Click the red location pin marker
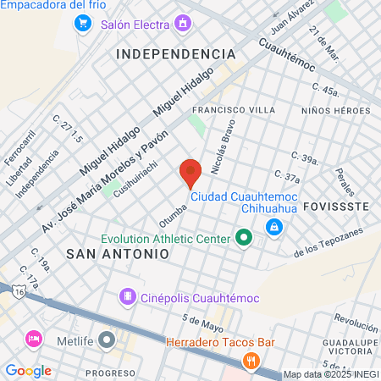tap(190, 173)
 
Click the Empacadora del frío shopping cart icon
tap(83, 24)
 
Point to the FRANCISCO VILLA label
tap(234, 110)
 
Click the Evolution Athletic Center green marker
tap(244, 238)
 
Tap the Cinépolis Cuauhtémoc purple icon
tap(126, 296)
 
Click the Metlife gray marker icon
tap(106, 340)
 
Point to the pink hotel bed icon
tap(34, 340)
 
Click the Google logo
tap(28, 370)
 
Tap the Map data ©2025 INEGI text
tap(330, 374)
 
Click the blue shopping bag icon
tap(274, 227)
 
